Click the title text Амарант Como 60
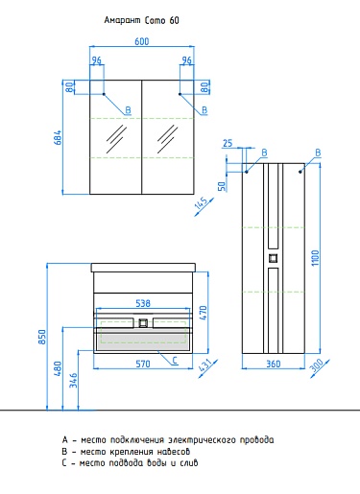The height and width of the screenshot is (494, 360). [x=141, y=20]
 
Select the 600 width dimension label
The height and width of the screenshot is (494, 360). [x=142, y=41]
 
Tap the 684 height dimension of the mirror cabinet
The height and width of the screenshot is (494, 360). [x=58, y=137]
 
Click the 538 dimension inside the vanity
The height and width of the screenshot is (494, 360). [x=143, y=303]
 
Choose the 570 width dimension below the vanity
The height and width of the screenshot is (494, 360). [x=143, y=364]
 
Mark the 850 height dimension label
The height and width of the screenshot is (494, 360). [x=42, y=337]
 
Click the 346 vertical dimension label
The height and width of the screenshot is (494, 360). [x=74, y=380]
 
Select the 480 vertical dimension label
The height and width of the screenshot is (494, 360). [x=58, y=368]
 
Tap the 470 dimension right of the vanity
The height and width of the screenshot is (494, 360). [x=204, y=313]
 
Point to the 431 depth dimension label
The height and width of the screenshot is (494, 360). [x=206, y=365]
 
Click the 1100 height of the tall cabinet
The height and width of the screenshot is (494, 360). [x=315, y=258]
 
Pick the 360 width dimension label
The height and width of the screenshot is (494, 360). [x=274, y=364]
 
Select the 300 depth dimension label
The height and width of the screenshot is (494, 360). [x=318, y=365]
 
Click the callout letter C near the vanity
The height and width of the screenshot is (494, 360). [x=175, y=361]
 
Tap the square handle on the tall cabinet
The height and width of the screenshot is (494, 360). [x=273, y=258]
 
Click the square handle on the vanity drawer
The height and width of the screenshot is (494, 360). [x=143, y=323]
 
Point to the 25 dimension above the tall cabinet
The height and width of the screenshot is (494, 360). [x=228, y=143]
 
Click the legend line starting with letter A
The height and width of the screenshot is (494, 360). [x=168, y=440]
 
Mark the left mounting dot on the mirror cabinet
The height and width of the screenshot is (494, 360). [x=104, y=94]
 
